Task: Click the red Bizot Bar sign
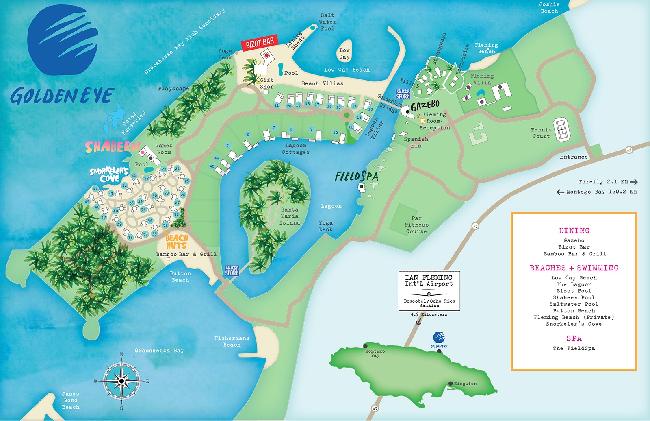tap(260, 42)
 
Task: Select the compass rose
tap(121, 381)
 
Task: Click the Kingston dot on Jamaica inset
tap(451, 384)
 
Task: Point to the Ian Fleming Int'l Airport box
tap(429, 291)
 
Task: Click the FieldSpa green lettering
tap(356, 177)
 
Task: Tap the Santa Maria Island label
tap(290, 216)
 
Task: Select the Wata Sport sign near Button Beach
tap(232, 270)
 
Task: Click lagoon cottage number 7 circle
tap(274, 127)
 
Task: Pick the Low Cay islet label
tap(344, 54)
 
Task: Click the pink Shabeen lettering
tap(112, 147)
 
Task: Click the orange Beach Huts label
tap(177, 242)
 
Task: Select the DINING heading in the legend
tap(574, 231)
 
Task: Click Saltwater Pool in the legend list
tap(574, 304)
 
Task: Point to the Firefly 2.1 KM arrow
tap(633, 182)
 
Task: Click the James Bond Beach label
tap(71, 400)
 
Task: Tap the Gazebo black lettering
tap(425, 106)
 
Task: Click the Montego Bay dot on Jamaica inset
tap(365, 346)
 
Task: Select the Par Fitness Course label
tap(416, 225)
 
